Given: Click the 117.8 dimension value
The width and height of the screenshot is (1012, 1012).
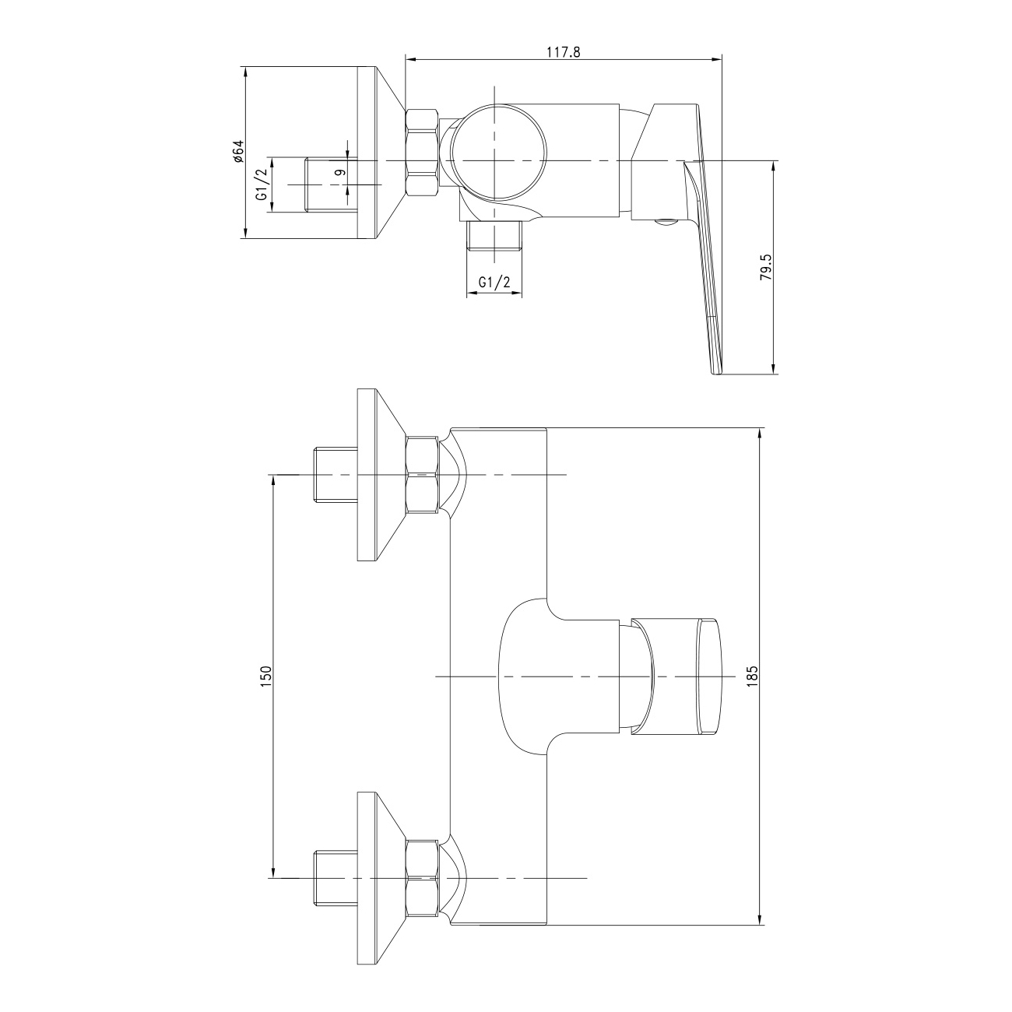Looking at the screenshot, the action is coord(564,52).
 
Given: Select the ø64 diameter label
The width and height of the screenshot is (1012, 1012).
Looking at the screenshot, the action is coord(238,152).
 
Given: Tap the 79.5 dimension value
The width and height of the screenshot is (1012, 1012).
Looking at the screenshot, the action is coord(766,267).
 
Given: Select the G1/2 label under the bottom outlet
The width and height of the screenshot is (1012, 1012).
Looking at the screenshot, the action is coord(494,283).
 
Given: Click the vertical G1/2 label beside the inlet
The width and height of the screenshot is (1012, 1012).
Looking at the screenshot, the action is coord(262,184).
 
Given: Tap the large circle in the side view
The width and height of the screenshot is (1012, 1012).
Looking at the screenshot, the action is coord(500,153).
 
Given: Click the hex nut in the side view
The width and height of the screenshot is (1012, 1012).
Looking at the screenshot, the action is coord(422,153).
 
